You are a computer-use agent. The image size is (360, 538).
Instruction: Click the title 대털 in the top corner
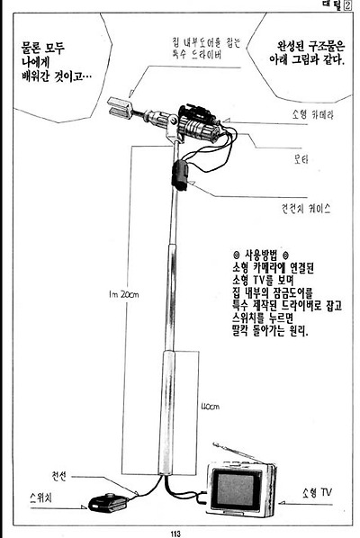pyautogui.click(x=333, y=5)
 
